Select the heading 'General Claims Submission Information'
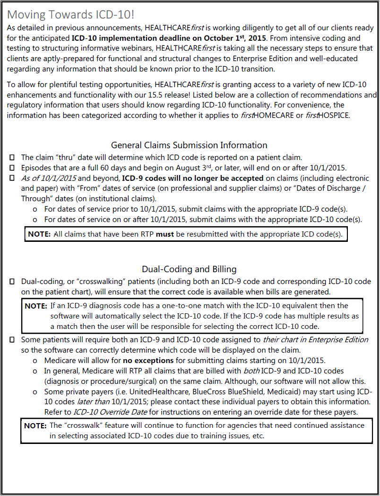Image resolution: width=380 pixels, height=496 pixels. tap(189, 145)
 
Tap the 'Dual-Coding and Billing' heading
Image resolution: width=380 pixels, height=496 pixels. tap(189, 269)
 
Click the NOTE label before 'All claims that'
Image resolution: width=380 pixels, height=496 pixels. tap(40, 234)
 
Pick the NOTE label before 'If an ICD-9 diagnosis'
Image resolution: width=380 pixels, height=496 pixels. tap(36, 306)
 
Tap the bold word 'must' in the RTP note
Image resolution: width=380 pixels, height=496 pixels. tap(164, 234)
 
